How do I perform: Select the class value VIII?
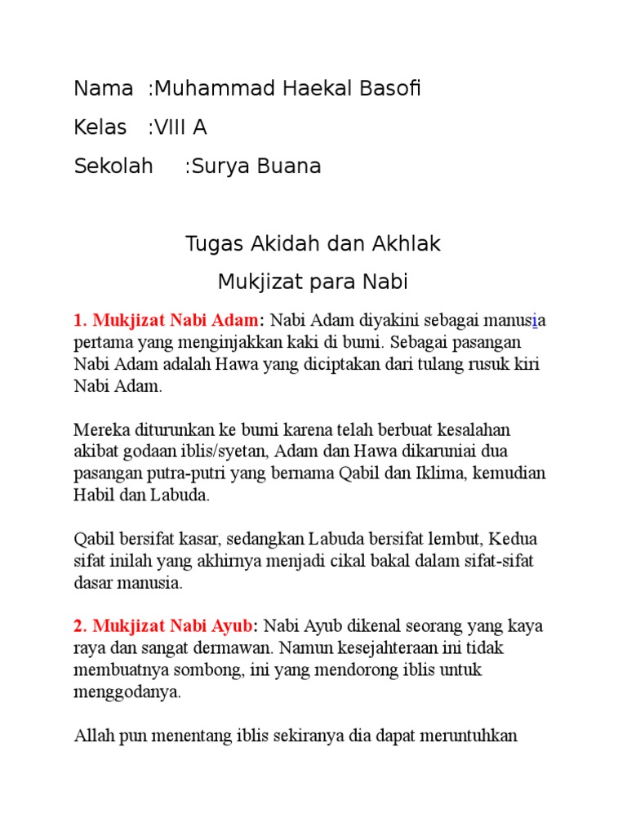173,127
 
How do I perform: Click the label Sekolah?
113,167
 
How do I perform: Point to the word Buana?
293,167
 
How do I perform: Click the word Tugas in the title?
211,243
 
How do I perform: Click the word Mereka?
100,429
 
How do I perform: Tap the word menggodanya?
127,692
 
